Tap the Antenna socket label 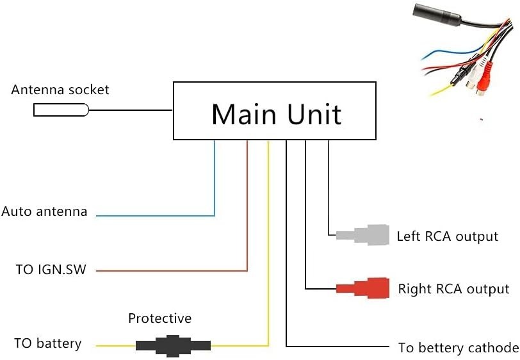click(60, 90)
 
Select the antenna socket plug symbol click(61, 110)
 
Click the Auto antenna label click(44, 211)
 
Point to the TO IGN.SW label click(51, 270)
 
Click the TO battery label click(48, 344)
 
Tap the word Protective click(160, 318)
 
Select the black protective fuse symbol click(173, 346)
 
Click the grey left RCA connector click(363, 235)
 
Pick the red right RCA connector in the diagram click(363, 288)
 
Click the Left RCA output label click(448, 236)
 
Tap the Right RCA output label click(453, 289)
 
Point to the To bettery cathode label click(459, 348)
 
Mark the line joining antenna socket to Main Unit click(131, 110)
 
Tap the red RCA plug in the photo click(485, 79)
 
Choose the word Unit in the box click(314, 114)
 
